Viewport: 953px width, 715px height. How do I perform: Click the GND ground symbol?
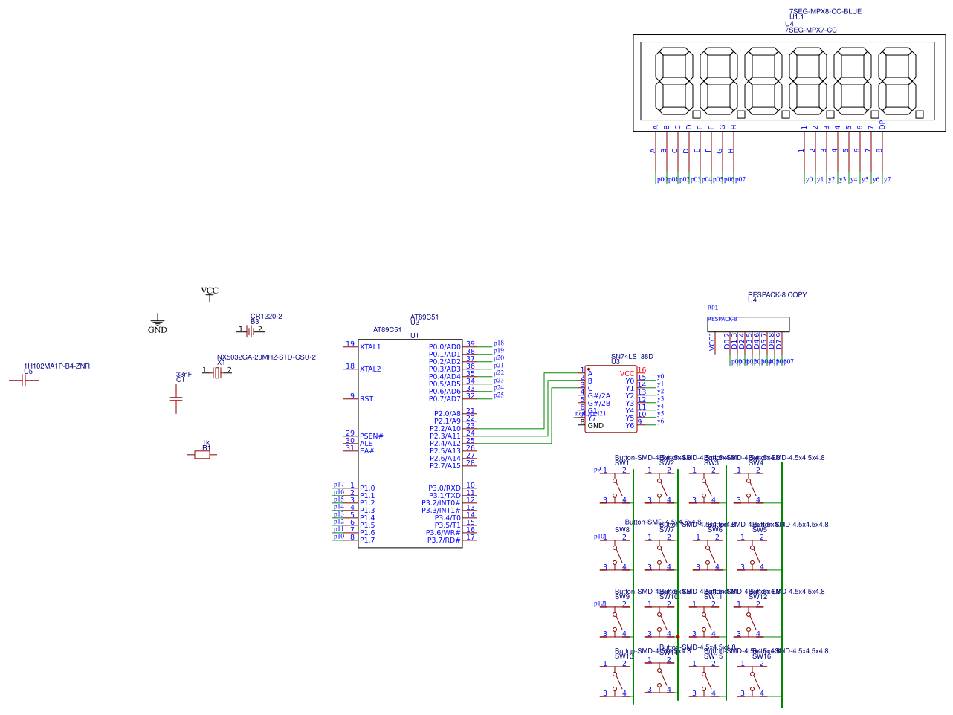click(x=157, y=320)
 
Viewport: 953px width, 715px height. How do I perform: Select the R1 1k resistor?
click(x=202, y=454)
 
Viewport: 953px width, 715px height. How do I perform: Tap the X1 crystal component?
click(x=217, y=372)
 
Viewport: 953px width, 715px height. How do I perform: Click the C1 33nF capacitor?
click(x=176, y=399)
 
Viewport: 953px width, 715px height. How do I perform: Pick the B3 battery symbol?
click(x=251, y=331)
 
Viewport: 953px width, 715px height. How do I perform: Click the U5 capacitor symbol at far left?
click(x=25, y=381)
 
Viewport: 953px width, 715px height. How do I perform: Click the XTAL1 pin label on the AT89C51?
click(x=370, y=347)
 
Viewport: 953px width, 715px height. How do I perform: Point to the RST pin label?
click(x=366, y=399)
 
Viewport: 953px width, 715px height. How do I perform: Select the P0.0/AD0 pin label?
click(x=445, y=347)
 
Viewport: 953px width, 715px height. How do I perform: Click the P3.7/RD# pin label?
click(x=444, y=540)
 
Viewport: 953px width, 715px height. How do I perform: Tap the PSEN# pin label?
click(x=372, y=436)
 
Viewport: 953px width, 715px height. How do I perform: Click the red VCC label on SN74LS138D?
click(x=627, y=374)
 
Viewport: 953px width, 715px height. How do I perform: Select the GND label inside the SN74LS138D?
click(x=595, y=426)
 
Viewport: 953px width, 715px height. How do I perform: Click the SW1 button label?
click(x=621, y=463)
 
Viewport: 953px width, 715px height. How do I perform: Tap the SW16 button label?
click(x=761, y=656)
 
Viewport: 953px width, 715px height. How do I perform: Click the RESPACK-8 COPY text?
click(x=778, y=295)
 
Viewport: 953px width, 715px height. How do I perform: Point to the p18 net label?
click(x=499, y=343)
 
